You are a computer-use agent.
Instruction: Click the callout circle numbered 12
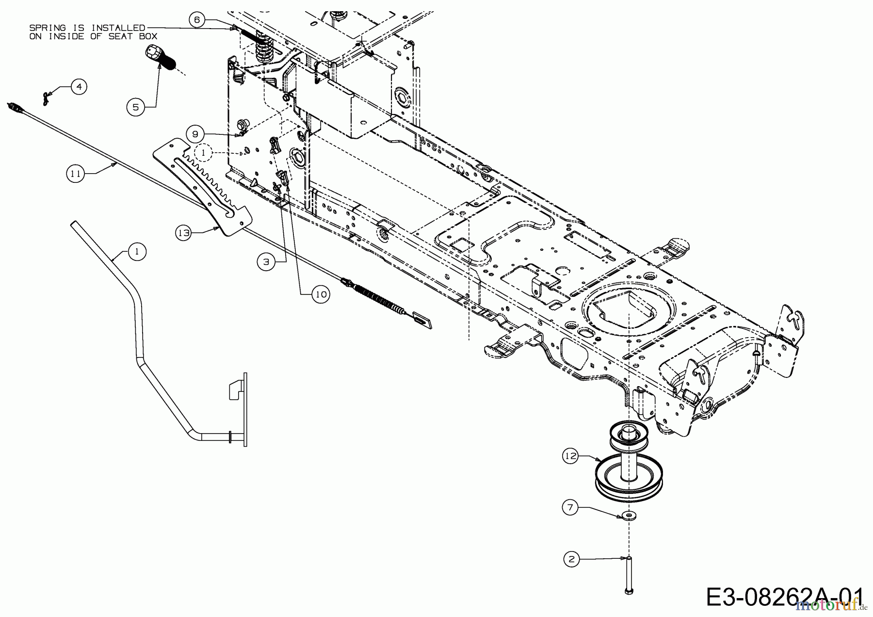pos(571,456)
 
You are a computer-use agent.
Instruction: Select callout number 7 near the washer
pos(570,507)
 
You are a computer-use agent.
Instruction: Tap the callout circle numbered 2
pos(571,559)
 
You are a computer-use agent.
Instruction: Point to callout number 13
pos(183,233)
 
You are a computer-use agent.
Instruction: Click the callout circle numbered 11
pos(75,174)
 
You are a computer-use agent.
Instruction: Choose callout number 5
pos(136,107)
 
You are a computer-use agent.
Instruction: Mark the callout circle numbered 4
pos(79,87)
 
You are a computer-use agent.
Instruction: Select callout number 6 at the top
pos(196,20)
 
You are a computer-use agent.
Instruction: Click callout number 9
pos(195,134)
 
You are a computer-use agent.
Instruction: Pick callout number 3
pos(265,262)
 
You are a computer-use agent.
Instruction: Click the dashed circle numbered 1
pos(204,152)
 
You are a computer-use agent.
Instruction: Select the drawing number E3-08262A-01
pos(785,597)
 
